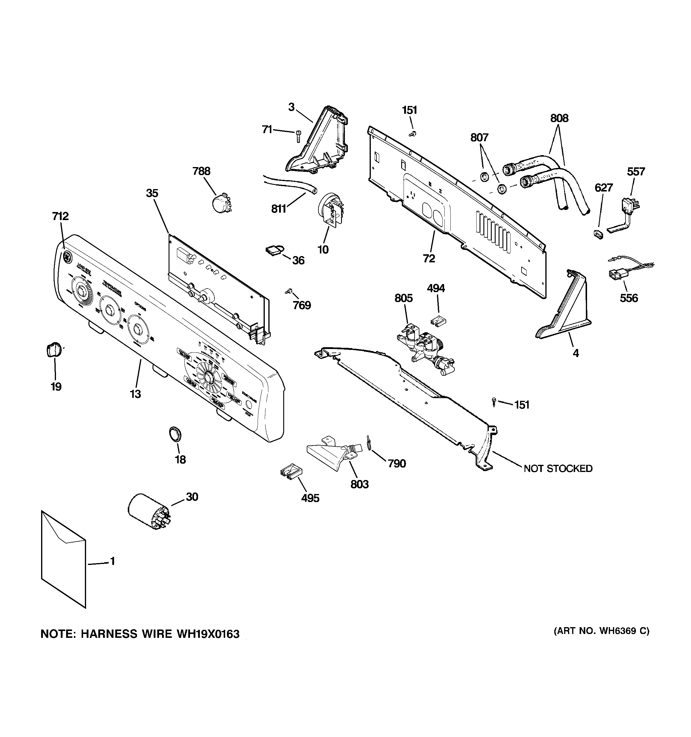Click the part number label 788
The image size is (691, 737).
click(201, 171)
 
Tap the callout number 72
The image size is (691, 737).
click(429, 258)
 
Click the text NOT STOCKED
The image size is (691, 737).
click(558, 469)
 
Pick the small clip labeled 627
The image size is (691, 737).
click(598, 234)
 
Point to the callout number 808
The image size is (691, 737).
click(559, 118)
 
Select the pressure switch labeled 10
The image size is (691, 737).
click(332, 210)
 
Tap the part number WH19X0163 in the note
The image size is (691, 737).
click(208, 634)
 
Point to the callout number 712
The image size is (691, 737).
click(60, 216)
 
